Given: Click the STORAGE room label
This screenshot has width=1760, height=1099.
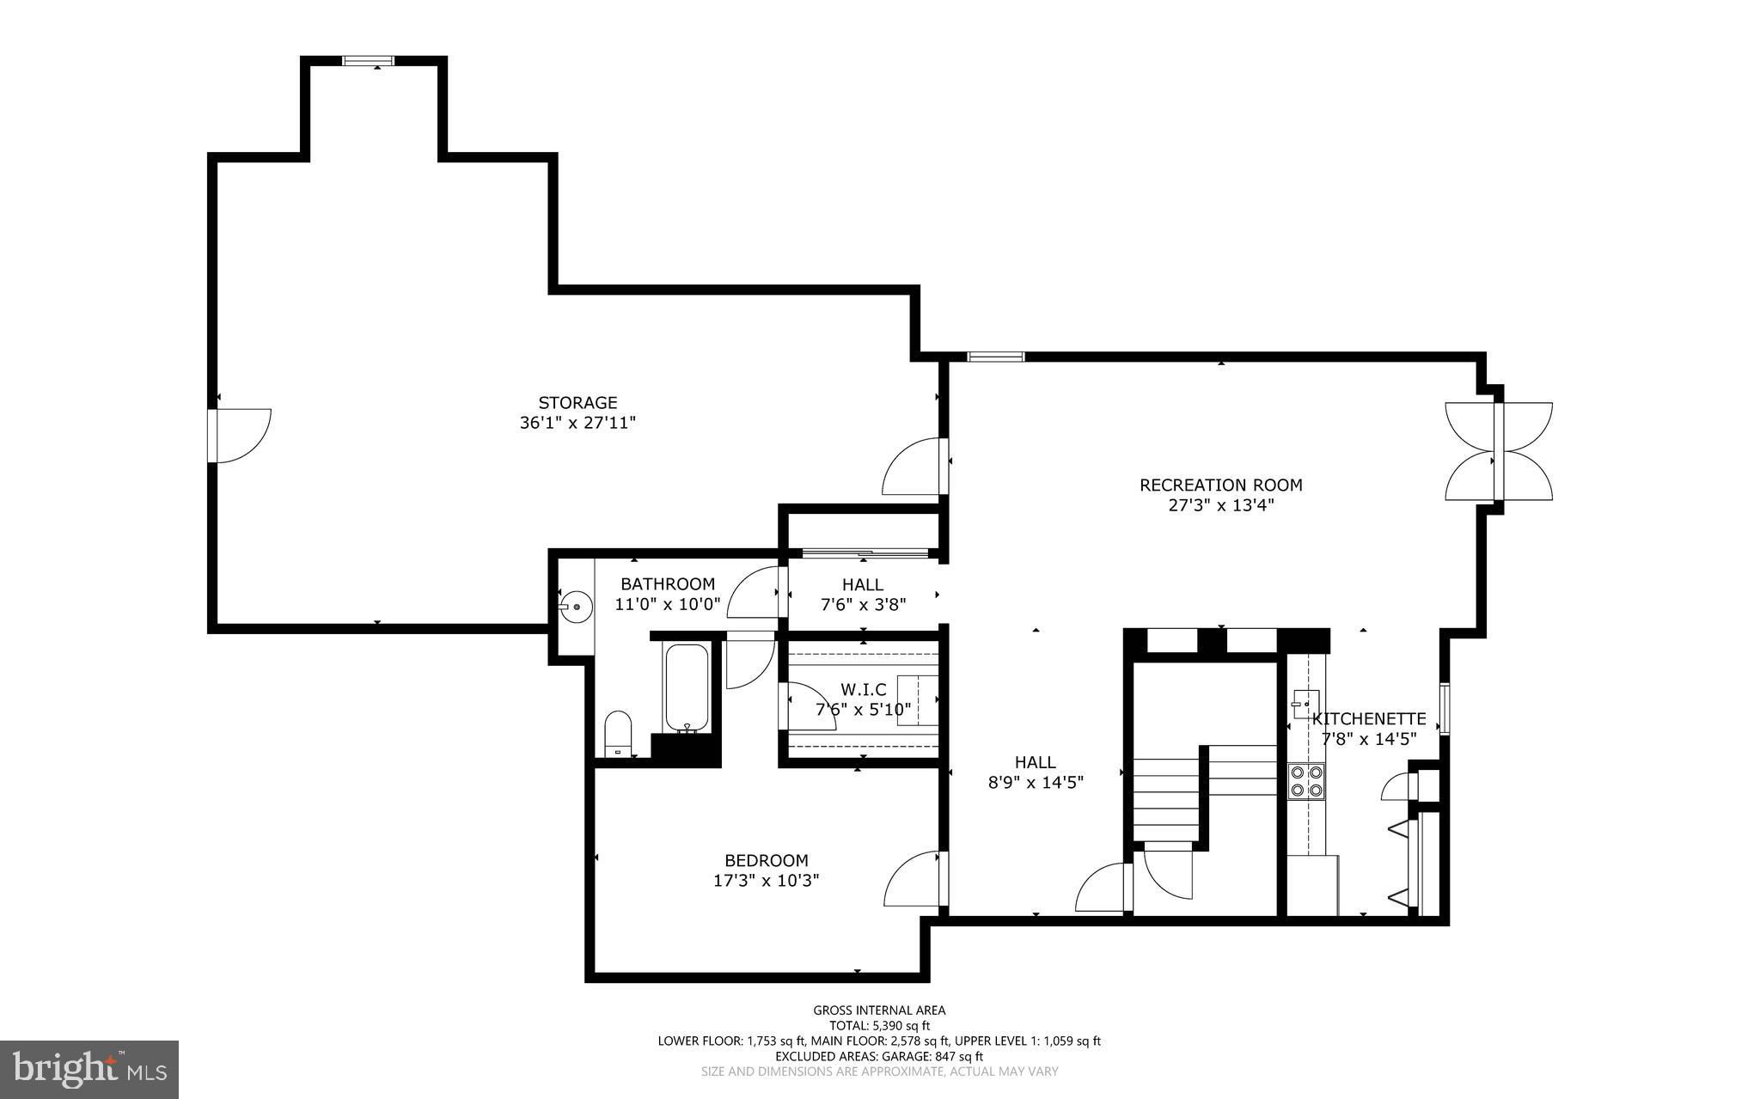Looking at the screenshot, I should click(x=577, y=402).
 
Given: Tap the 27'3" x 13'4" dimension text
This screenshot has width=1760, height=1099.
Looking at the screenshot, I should click(x=1220, y=505).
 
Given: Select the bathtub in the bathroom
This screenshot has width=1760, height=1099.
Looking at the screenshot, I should click(x=687, y=688).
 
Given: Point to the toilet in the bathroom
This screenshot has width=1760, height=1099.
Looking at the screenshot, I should click(x=618, y=733).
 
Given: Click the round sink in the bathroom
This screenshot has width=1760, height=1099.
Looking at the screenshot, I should click(x=577, y=607).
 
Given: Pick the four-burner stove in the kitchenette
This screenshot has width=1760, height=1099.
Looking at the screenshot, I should click(x=1305, y=781).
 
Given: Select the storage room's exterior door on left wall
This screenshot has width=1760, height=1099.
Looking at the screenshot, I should click(x=241, y=436).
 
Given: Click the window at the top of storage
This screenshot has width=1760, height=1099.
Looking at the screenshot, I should click(x=368, y=61).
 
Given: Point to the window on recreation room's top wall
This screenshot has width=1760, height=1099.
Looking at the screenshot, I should click(x=995, y=357).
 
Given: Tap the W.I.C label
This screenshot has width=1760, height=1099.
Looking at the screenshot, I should click(x=863, y=690).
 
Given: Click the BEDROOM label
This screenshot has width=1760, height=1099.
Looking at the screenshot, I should click(x=767, y=860).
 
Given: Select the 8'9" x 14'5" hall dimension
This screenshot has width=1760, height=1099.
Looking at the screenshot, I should click(x=1035, y=782).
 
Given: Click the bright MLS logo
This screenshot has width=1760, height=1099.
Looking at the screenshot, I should click(x=89, y=1069).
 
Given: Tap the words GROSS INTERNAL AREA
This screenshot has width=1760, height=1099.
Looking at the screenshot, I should click(x=879, y=1010).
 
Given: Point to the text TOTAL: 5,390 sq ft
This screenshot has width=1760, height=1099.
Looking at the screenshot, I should click(x=879, y=1025).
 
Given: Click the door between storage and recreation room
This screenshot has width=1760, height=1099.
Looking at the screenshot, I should click(x=914, y=466).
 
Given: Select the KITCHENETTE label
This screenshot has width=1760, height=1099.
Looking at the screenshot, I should click(x=1369, y=719).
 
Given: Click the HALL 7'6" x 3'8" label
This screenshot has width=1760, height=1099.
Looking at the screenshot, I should click(x=863, y=595).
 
